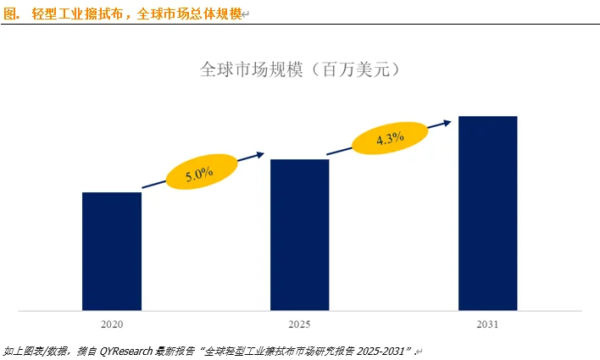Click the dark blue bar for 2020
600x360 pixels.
click(111, 251)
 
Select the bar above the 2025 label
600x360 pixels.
click(299, 234)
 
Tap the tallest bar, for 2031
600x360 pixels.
click(487, 213)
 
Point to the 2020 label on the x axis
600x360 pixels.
click(111, 324)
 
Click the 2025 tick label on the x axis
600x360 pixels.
click(299, 324)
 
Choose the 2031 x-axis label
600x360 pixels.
click(487, 324)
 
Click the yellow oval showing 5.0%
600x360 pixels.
click(199, 173)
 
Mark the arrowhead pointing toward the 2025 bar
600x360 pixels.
click(258, 155)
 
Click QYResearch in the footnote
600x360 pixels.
click(128, 350)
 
